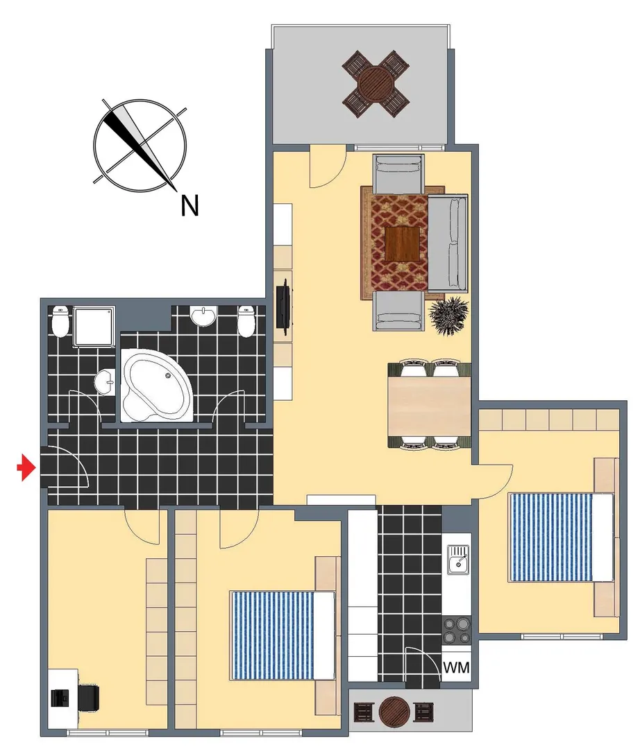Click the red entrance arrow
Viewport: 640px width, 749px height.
pyautogui.click(x=27, y=468)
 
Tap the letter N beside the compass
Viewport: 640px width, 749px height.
pyautogui.click(x=190, y=206)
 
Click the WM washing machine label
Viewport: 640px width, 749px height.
pyautogui.click(x=456, y=667)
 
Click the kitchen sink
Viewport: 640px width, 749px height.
pyautogui.click(x=458, y=560)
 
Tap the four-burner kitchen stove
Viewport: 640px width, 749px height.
pyautogui.click(x=456, y=630)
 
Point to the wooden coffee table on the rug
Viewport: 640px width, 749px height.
pyautogui.click(x=403, y=244)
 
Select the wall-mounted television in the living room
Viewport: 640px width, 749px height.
pyautogui.click(x=284, y=305)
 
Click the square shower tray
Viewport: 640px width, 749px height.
pyautogui.click(x=94, y=326)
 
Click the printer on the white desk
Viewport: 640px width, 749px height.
pyautogui.click(x=60, y=698)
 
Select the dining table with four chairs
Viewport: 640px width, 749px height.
pyautogui.click(x=429, y=405)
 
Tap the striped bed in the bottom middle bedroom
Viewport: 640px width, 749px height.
pyautogui.click(x=283, y=635)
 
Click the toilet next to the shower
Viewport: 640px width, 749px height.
pyautogui.click(x=60, y=322)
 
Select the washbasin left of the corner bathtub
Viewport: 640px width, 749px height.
pyautogui.click(x=105, y=382)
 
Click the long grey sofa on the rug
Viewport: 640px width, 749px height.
pyautogui.click(x=448, y=243)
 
